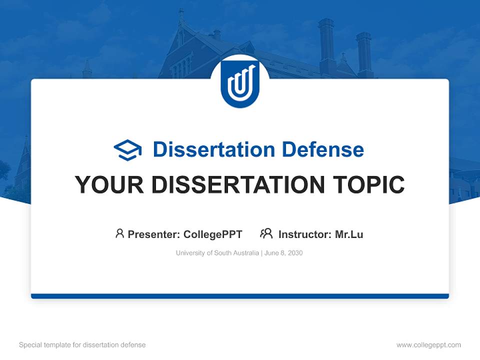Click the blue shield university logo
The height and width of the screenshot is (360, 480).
coord(240,83)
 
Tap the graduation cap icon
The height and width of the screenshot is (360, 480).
coord(127,150)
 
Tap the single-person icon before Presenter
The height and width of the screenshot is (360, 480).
coord(119,233)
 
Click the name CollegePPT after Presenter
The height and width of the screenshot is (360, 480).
coord(213,234)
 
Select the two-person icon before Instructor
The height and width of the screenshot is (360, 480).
coord(266,233)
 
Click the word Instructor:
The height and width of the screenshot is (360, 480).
coord(304,234)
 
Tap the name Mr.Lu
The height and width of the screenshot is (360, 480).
coord(349,234)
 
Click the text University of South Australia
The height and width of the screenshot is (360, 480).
coord(217,253)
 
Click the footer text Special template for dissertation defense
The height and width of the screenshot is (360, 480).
coord(82,345)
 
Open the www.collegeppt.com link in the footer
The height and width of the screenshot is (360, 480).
coord(428,345)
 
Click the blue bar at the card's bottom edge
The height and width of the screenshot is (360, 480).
coord(240,296)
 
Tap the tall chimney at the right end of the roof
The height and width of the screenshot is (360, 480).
coord(364,52)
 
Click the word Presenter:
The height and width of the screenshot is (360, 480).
coord(154,234)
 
